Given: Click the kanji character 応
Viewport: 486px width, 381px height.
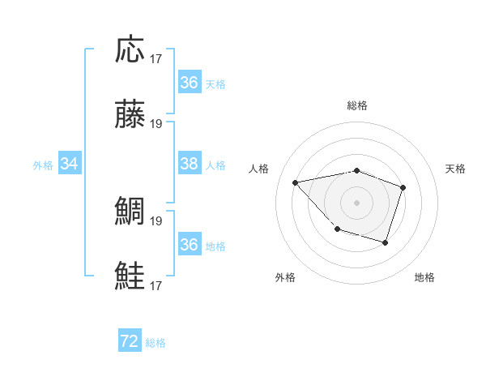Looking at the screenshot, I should [130, 49].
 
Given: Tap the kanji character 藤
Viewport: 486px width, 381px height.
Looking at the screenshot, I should [130, 115].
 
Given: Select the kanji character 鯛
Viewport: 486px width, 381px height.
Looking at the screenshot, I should [130, 212].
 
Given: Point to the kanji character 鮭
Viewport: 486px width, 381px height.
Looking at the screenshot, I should [130, 276].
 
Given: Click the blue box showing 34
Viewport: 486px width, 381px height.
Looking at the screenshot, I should [70, 164].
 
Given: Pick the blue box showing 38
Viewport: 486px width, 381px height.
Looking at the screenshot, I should [189, 164].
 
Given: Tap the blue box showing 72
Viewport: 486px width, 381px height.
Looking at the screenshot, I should [130, 341].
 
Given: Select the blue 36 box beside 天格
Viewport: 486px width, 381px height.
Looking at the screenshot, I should [189, 83].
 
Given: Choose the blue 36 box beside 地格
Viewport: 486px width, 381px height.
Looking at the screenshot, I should [189, 245].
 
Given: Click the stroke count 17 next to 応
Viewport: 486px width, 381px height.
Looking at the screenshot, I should [156, 58].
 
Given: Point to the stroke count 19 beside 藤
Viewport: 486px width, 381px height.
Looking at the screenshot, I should [156, 124].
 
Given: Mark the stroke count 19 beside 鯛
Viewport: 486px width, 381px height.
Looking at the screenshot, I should [156, 220].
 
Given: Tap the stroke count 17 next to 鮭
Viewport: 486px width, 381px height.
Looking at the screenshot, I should [156, 285].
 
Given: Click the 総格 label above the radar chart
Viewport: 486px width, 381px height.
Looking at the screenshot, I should [357, 105].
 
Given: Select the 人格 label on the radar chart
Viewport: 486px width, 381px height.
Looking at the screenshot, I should [259, 169].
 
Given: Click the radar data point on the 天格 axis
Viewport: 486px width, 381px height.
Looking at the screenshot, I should [403, 188].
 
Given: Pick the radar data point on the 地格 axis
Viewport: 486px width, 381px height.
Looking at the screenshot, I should [386, 242].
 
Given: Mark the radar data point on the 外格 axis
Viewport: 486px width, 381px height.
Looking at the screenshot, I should [337, 229].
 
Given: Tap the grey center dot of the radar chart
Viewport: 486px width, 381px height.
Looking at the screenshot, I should [357, 202].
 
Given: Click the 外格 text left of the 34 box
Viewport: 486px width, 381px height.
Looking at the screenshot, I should [43, 165].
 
